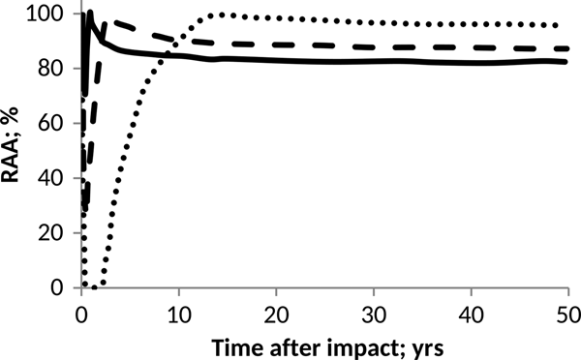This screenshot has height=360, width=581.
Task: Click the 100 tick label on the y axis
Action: pos(53,15)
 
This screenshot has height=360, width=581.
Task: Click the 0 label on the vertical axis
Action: pos(64,288)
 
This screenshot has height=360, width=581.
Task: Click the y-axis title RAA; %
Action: pos(16,151)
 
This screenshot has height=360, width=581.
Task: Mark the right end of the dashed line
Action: pos(567,48)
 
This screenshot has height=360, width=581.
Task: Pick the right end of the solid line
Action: pos(567,62)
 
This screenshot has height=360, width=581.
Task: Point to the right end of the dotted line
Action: pos(567,25)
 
